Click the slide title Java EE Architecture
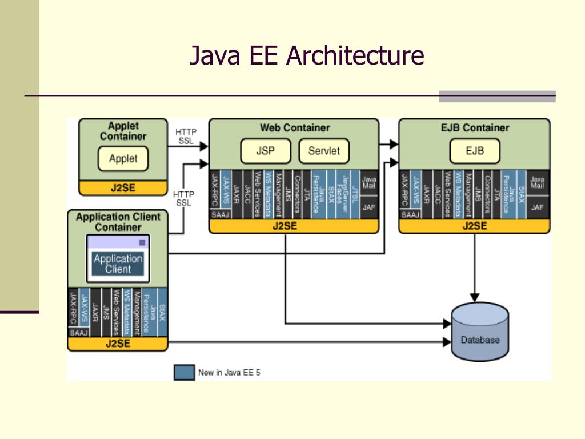pos(307,57)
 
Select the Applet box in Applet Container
pos(123,159)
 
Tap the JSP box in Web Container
pos(265,151)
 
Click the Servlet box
pos(324,151)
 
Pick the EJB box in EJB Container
pos(474,151)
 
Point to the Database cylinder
pos(480,333)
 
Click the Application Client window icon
pos(118,259)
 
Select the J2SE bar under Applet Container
pos(123,188)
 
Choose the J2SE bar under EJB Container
pos(474,226)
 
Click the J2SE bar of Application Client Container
pos(118,344)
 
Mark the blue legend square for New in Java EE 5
pos(184,372)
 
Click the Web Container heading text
pos(295,128)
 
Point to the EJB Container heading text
pos(474,128)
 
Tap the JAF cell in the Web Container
pos(369,207)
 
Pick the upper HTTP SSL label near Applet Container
pos(185,136)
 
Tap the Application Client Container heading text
pos(118,222)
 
